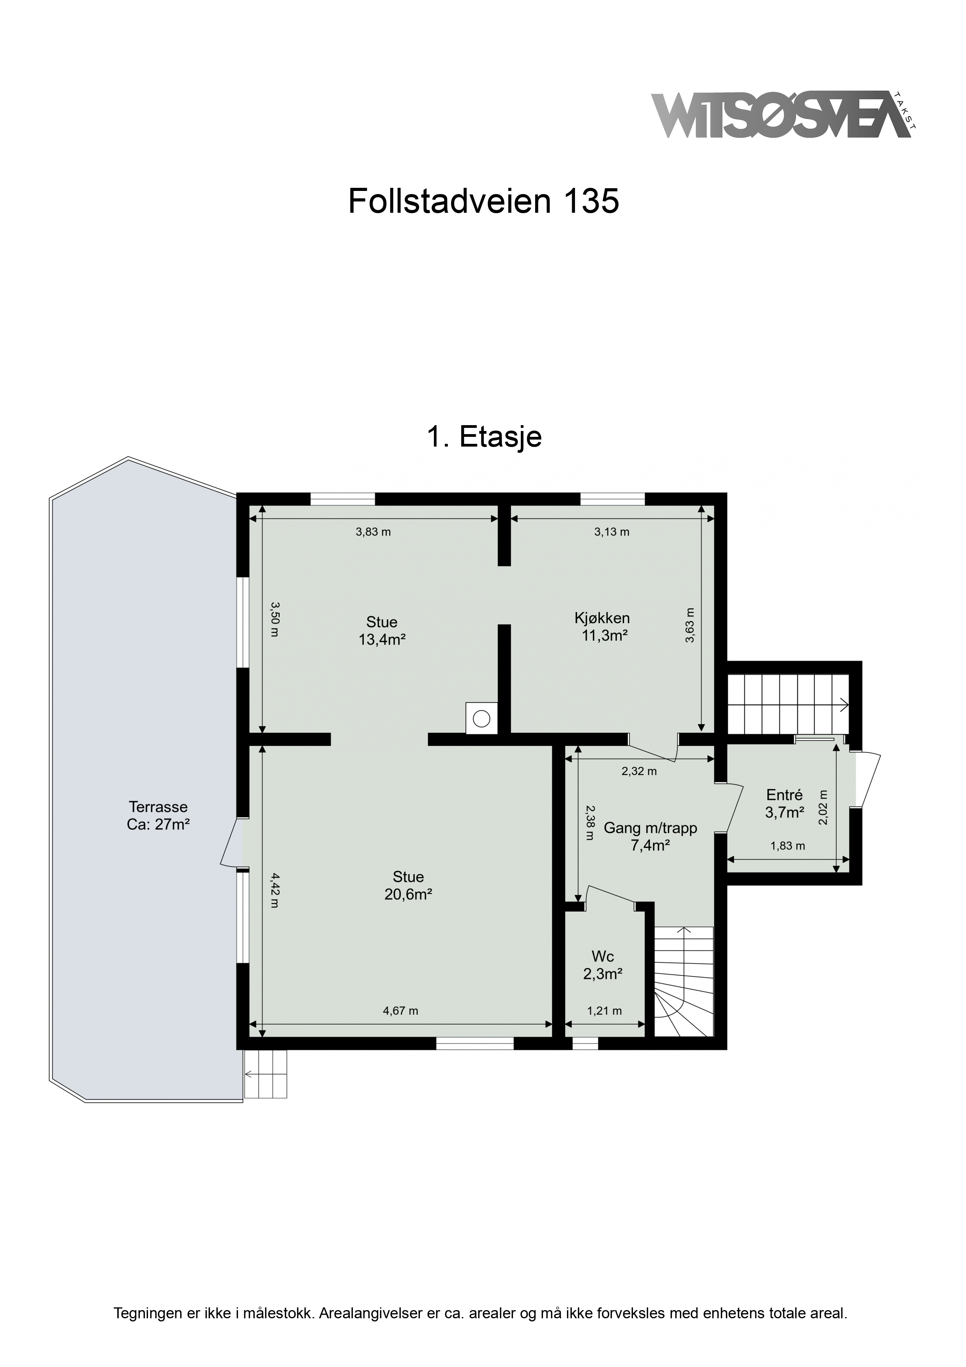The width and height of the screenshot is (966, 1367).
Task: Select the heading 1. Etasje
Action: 484,437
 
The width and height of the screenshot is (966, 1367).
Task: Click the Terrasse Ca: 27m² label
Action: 158,816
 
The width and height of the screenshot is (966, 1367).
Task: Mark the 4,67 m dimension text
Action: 400,1011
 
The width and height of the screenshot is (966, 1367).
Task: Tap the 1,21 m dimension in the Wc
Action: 605,1011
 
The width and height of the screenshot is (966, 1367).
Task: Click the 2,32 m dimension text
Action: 639,772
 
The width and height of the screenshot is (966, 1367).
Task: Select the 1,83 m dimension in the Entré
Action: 788,846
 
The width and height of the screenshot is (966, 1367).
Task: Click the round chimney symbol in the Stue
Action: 481,719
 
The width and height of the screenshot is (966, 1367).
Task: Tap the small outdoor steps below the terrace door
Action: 266,1074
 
